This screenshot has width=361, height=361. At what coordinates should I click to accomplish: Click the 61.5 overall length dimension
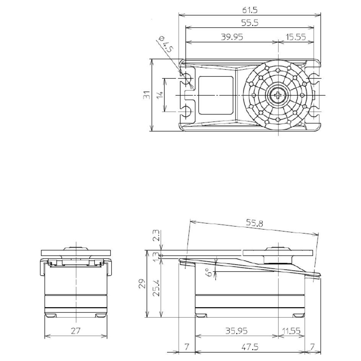coord(250,10)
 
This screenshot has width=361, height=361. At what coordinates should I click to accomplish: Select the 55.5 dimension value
coord(250,23)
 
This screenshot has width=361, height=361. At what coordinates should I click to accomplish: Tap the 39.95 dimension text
coord(232,37)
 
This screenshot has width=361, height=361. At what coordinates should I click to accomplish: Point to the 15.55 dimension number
coord(296,37)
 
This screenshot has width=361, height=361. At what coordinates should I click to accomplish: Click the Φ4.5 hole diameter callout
coord(166,44)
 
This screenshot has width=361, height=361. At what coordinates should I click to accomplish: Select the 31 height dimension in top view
coord(147,95)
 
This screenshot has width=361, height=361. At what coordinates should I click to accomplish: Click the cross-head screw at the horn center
coord(278,95)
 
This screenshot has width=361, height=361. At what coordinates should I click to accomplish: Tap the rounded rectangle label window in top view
coord(216,95)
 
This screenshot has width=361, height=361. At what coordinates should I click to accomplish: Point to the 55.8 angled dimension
coord(254,223)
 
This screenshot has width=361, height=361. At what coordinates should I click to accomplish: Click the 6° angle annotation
coord(209,272)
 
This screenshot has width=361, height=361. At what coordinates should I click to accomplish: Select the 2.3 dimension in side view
coord(156,235)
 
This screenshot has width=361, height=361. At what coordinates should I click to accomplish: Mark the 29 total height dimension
coord(142,284)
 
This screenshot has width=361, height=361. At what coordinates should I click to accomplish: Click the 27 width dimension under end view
coord(75,331)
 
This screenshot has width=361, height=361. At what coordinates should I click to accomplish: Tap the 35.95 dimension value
coord(236,331)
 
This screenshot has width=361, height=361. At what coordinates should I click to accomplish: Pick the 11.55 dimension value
coord(291,331)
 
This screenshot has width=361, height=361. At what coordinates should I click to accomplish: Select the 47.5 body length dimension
coord(250,347)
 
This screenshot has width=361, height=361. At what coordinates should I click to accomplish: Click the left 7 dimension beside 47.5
coord(187,347)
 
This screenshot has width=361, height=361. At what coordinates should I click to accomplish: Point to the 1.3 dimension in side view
coord(156,257)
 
